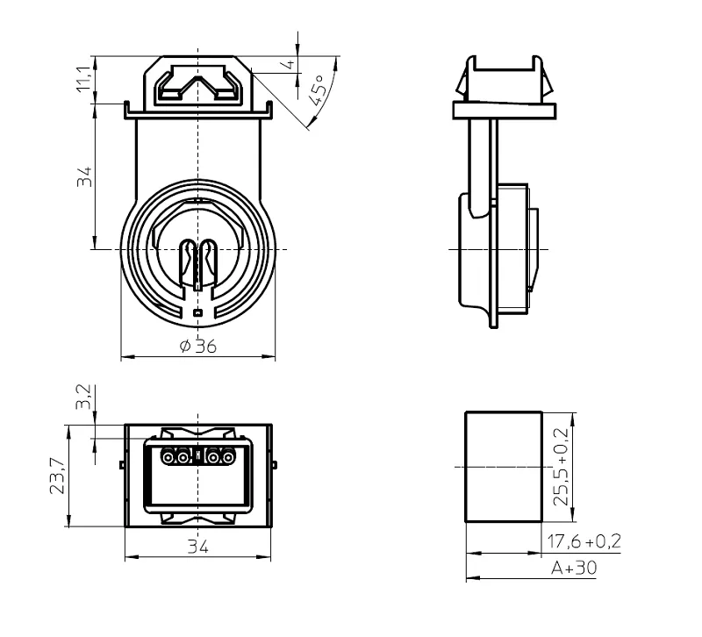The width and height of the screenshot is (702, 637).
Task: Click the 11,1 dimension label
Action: [84, 79]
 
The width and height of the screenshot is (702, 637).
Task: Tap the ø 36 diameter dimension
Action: [198, 346]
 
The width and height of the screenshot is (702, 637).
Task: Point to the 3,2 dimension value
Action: [83, 397]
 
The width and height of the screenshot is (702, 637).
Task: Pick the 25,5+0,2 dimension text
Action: [561, 467]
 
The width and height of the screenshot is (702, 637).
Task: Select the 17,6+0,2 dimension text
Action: [584, 541]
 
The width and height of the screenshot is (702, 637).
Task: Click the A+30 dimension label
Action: [574, 568]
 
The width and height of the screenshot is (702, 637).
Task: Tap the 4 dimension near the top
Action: [290, 64]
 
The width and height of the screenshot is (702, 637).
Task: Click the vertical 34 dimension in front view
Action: [84, 176]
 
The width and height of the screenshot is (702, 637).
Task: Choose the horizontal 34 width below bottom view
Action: [198, 546]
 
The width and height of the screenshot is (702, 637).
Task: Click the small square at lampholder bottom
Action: [197, 313]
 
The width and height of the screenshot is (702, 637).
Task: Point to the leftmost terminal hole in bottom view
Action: [168, 457]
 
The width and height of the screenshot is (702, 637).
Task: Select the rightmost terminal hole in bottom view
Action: [228, 457]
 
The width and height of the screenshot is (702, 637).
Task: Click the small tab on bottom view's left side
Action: [122, 465]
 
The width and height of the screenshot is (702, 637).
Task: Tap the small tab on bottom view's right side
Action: [275, 465]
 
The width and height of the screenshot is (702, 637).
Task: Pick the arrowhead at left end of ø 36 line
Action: [127, 357]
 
